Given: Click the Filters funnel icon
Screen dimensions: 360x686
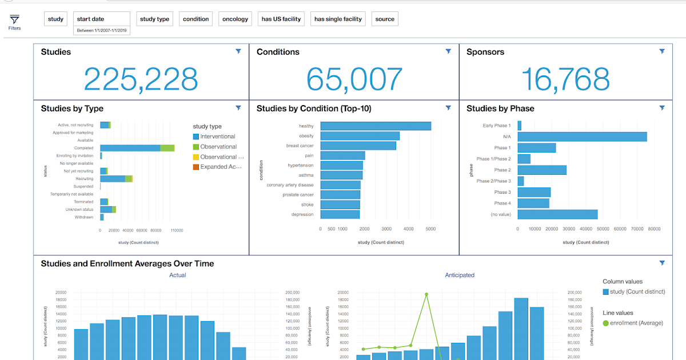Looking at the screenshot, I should pos(14,20).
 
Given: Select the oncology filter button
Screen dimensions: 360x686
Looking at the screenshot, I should pos(235,19).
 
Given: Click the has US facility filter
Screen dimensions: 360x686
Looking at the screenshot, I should pos(281,19).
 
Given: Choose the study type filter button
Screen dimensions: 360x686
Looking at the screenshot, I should pos(154,19).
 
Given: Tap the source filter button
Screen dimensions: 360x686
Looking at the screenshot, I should pos(385,19).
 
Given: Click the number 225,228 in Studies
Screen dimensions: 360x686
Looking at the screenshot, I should pos(141,79).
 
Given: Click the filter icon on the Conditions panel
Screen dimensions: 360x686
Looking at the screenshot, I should pos(448,51).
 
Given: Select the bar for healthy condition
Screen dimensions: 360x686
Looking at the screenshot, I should pos(375,126).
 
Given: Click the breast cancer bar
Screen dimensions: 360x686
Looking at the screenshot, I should pos(358,146).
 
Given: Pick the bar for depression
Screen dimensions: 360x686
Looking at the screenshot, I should pos(340,214).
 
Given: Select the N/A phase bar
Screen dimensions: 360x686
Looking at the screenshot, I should pos(582,137).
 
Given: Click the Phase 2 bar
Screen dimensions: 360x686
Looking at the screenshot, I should pos(542,170).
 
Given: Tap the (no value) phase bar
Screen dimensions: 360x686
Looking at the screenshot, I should pos(557,214).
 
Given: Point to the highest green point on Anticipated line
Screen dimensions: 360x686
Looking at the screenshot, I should pos(426,294).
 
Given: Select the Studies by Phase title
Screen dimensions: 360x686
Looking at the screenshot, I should pos(500,108).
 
